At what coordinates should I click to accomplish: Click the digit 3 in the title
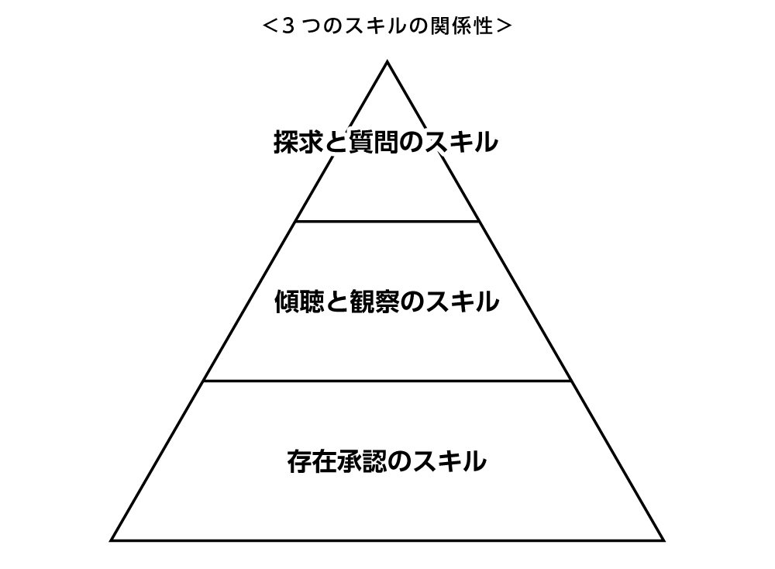click(x=288, y=26)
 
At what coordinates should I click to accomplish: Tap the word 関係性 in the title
click(x=465, y=26)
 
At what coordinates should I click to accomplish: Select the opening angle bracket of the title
click(x=270, y=26)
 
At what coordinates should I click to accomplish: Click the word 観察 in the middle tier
click(x=377, y=302)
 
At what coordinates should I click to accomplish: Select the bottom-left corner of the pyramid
click(x=113, y=539)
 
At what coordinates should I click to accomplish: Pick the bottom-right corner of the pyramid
click(x=663, y=539)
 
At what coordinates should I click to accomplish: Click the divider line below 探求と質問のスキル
click(x=387, y=221)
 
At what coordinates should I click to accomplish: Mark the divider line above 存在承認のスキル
click(x=387, y=381)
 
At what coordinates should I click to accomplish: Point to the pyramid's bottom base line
click(x=387, y=539)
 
